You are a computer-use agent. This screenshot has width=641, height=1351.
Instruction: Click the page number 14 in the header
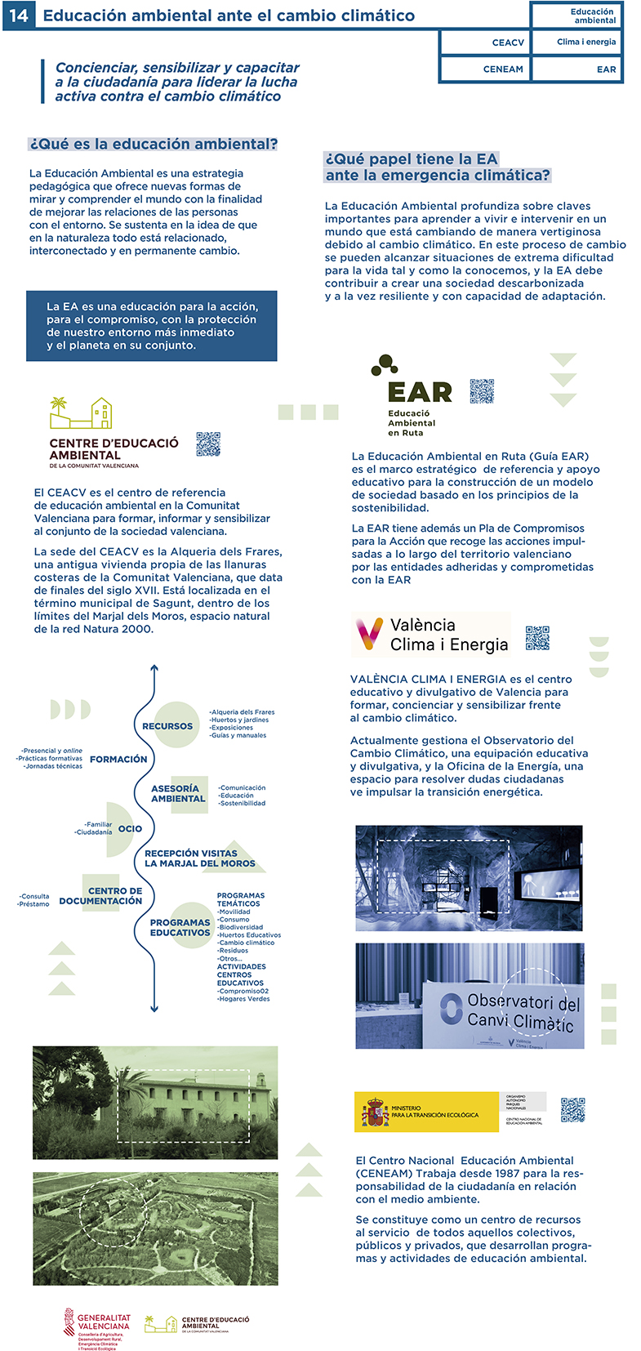point(18,16)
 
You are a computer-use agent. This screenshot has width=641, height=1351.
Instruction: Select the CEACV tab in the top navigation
point(508,42)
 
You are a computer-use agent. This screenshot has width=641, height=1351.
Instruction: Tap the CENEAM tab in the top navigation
point(503,69)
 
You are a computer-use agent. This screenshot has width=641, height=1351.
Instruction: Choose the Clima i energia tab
point(586,42)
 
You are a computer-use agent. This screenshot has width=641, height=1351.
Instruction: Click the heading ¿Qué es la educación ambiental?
point(154,145)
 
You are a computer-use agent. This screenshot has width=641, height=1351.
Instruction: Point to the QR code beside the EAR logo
point(482,391)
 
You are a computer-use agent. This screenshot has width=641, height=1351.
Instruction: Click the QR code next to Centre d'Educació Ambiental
point(208,444)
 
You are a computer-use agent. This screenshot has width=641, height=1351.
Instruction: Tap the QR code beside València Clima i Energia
point(537,638)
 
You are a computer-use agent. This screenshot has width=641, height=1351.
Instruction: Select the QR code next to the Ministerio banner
point(572,1110)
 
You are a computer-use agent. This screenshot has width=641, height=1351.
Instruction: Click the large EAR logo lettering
point(420,393)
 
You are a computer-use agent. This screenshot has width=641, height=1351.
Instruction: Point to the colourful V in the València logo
point(369,634)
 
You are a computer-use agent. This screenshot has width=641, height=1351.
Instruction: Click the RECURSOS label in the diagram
point(167,726)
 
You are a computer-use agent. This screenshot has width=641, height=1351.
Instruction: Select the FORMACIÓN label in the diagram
point(118,760)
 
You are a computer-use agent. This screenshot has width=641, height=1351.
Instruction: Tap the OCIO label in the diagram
point(130,829)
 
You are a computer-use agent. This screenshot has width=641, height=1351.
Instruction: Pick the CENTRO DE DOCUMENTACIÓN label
point(101,896)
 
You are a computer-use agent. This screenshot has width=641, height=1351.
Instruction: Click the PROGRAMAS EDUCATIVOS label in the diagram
point(180,928)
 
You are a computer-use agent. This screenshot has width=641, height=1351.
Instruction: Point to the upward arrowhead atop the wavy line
point(154,669)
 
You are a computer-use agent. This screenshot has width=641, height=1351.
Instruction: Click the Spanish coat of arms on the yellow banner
point(376,1112)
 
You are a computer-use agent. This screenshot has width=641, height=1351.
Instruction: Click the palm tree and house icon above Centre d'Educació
point(81,413)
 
